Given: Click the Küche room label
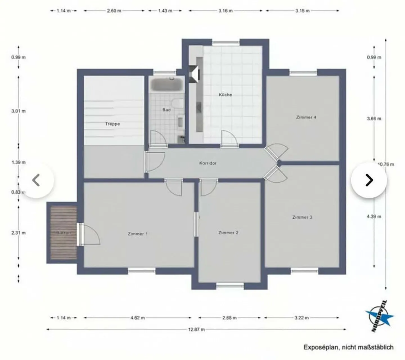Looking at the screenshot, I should [x=225, y=95].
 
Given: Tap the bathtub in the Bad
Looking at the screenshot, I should [x=166, y=84].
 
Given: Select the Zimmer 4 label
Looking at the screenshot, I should [x=306, y=117].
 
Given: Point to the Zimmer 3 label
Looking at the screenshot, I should [x=302, y=217].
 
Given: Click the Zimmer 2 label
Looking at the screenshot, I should [x=228, y=233].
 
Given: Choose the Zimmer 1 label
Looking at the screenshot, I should [x=138, y=234].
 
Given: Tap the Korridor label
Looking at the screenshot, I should [x=208, y=163].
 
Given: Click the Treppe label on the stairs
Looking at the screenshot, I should [x=112, y=124].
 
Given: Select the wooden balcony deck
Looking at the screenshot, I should [x=63, y=233].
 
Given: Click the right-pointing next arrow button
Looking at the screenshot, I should [x=369, y=180].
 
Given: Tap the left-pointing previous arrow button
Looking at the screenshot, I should [x=37, y=180].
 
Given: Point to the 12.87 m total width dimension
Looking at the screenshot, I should [x=196, y=329].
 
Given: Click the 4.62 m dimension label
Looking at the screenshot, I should [x=138, y=318].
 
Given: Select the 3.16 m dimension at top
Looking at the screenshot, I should [x=226, y=11].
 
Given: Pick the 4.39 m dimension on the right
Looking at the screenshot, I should [x=374, y=216].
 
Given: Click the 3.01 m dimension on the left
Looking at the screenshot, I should [x=19, y=111].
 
